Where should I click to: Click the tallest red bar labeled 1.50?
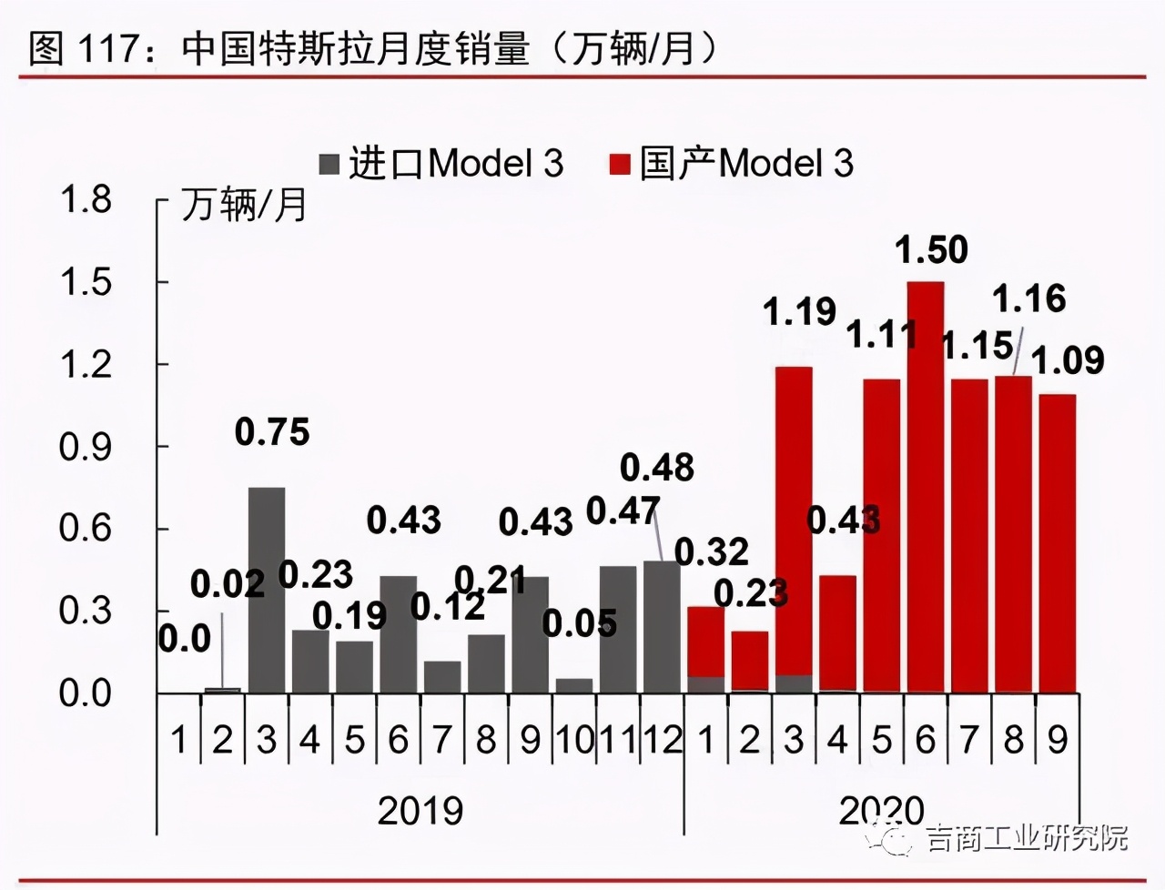[x=925, y=487]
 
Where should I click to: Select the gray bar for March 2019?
[x=267, y=590]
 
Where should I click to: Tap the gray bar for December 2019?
[x=662, y=626]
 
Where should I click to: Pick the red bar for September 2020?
[x=1057, y=543]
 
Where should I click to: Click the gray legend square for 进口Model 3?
[x=329, y=165]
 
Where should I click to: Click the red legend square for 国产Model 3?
[x=620, y=165]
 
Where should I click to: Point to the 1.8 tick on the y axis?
[x=86, y=199]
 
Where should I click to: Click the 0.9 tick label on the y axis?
[x=86, y=447]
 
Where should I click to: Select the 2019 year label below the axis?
[x=420, y=810]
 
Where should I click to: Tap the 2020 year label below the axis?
[x=881, y=810]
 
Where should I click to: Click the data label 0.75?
[x=272, y=432]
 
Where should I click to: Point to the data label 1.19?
[x=799, y=312]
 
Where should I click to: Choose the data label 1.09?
[x=1068, y=360]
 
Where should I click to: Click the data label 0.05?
[x=580, y=623]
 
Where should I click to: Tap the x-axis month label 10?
[x=574, y=740]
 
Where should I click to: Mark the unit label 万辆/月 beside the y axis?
[x=244, y=205]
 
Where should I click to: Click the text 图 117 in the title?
[x=82, y=47]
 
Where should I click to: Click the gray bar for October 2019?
[x=574, y=685]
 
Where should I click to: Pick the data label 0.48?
[x=657, y=468]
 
